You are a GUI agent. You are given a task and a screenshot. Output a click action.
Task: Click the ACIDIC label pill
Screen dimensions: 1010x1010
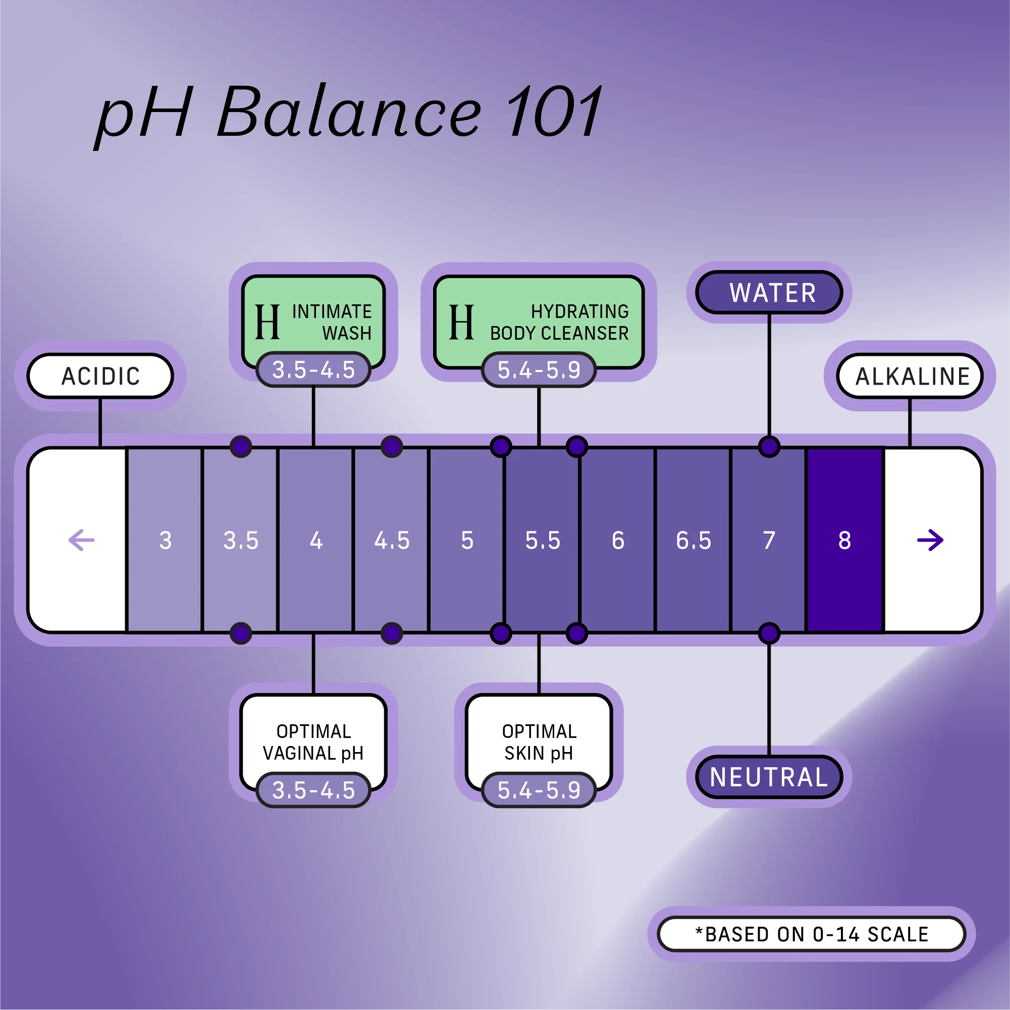pos(100,376)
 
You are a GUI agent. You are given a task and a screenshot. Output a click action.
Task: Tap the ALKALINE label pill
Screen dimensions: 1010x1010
pos(910,376)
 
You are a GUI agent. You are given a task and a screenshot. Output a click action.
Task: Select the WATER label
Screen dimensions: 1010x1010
pos(769,292)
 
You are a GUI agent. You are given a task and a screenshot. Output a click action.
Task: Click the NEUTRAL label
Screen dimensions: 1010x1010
pos(769,777)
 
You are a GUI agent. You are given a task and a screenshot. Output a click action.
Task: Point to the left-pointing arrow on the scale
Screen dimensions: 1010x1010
pos(82,540)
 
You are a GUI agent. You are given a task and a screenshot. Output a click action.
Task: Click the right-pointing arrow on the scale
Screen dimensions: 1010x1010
pos(930,540)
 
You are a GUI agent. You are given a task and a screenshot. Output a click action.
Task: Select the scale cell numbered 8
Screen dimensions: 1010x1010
pos(844,540)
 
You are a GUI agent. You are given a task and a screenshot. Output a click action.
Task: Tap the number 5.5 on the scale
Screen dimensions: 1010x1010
pos(543,540)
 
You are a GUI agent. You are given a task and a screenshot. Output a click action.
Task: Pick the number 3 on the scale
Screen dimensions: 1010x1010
pos(165,540)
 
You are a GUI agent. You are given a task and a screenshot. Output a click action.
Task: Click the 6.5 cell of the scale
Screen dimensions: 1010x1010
pos(693,540)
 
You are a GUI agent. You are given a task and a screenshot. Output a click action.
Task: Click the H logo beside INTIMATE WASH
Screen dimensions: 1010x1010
pos(267,322)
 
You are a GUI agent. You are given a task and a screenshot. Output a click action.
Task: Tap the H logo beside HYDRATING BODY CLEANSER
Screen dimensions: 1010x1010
pos(461,322)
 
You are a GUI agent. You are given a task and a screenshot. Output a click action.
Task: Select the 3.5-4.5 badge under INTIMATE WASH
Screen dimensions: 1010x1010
pos(313,369)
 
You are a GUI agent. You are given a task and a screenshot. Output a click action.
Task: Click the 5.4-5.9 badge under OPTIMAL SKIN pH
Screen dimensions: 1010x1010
pos(539,790)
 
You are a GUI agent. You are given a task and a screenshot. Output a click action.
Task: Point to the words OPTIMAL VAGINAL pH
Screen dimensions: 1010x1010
pos(313,742)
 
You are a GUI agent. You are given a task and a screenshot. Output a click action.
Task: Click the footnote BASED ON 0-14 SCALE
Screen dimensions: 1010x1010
pos(811,934)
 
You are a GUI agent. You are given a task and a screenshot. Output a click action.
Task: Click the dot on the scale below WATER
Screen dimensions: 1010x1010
pos(769,446)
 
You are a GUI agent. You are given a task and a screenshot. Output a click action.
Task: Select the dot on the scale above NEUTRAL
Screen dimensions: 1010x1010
pos(769,633)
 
